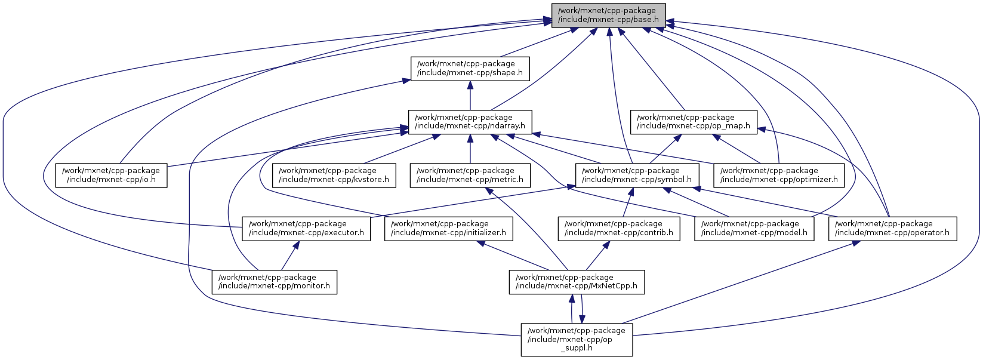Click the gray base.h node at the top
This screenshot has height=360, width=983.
pyautogui.click(x=608, y=15)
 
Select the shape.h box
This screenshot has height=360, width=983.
pyautogui.click(x=470, y=69)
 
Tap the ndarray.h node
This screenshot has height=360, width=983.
pyautogui.click(x=470, y=122)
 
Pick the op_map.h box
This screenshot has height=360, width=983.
pyautogui.click(x=694, y=122)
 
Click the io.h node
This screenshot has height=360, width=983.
pyautogui.click(x=112, y=175)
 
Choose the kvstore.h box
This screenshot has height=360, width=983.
pyautogui.click(x=334, y=175)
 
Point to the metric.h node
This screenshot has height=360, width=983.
pyautogui.click(x=470, y=175)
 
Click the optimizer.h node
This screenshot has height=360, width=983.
pyautogui.click(x=779, y=175)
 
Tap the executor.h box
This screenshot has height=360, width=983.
pyautogui.click(x=306, y=228)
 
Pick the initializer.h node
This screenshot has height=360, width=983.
pyautogui.click(x=449, y=228)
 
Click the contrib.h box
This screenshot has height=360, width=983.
pyautogui.click(x=619, y=228)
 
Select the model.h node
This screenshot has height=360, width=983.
pyautogui.click(x=754, y=228)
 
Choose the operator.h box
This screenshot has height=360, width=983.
pyautogui.click(x=892, y=228)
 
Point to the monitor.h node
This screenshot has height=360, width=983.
pyautogui.click(x=275, y=281)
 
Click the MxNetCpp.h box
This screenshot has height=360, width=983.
pyautogui.click(x=576, y=281)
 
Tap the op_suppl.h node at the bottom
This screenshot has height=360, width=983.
pyautogui.click(x=577, y=339)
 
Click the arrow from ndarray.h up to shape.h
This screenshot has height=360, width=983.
pyautogui.click(x=470, y=96)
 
